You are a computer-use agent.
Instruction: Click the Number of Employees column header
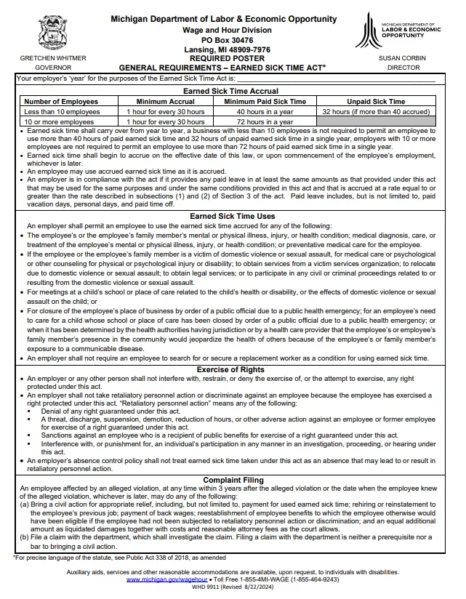61,102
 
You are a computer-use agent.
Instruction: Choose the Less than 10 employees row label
62,112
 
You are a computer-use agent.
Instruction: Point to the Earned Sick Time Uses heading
233,217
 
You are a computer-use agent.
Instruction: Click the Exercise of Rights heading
233,370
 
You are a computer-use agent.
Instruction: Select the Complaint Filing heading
233,480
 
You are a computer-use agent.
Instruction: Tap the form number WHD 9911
207,588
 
